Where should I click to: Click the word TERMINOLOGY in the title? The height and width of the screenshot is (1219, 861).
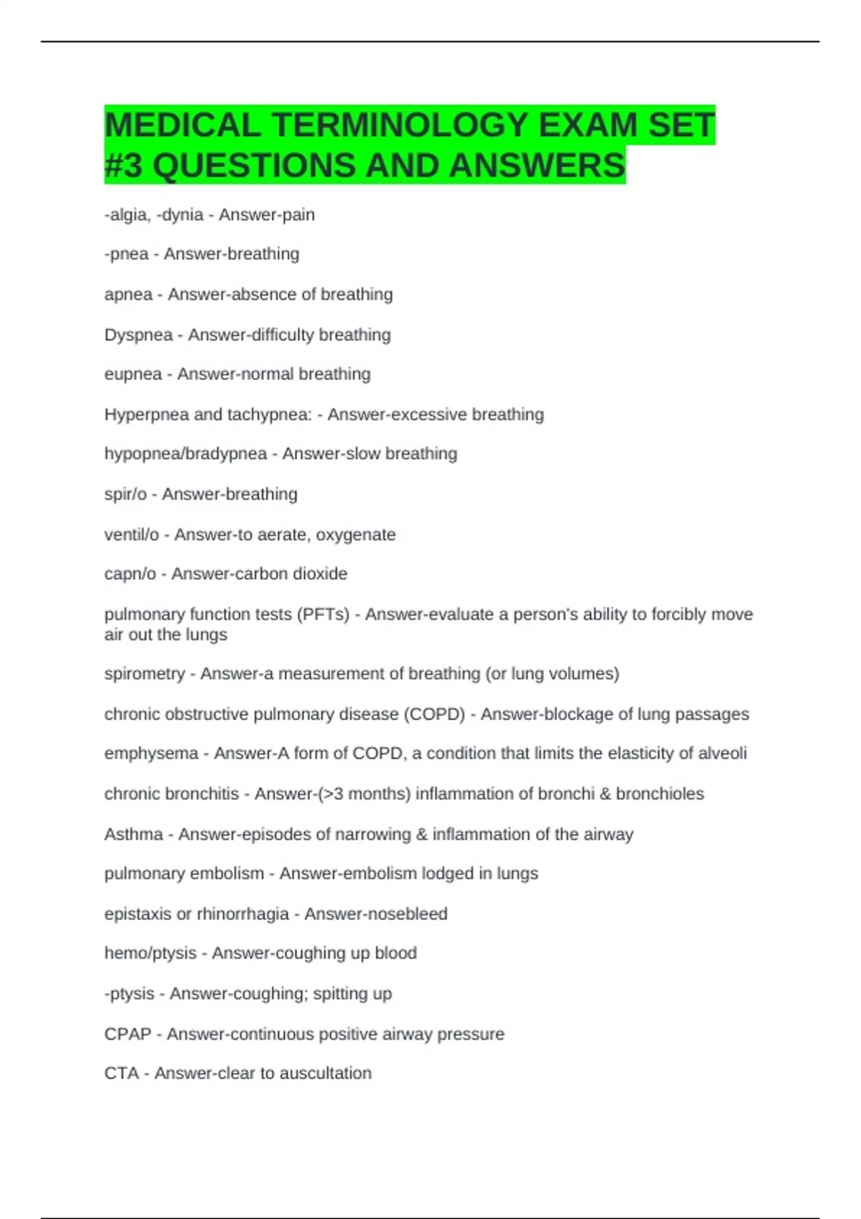pyautogui.click(x=398, y=125)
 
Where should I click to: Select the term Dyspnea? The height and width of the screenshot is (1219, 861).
pyautogui.click(x=138, y=335)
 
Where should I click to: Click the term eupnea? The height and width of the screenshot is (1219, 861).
pyautogui.click(x=133, y=374)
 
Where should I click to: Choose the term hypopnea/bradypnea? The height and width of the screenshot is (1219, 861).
pyautogui.click(x=186, y=454)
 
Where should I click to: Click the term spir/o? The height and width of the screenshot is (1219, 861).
pyautogui.click(x=126, y=494)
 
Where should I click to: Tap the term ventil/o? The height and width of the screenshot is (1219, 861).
pyautogui.click(x=131, y=535)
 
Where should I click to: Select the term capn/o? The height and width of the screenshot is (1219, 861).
pyautogui.click(x=130, y=574)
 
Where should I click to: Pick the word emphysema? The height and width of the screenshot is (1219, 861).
pyautogui.click(x=151, y=754)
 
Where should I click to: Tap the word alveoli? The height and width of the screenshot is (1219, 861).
pyautogui.click(x=723, y=754)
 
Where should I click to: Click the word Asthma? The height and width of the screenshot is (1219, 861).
pyautogui.click(x=133, y=835)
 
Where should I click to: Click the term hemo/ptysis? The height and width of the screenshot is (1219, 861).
pyautogui.click(x=150, y=954)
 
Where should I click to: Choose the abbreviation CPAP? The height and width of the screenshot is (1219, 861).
pyautogui.click(x=128, y=1034)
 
